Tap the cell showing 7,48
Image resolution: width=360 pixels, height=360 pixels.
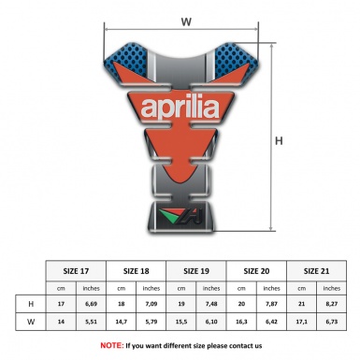212,305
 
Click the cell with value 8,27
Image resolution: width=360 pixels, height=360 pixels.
332,305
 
